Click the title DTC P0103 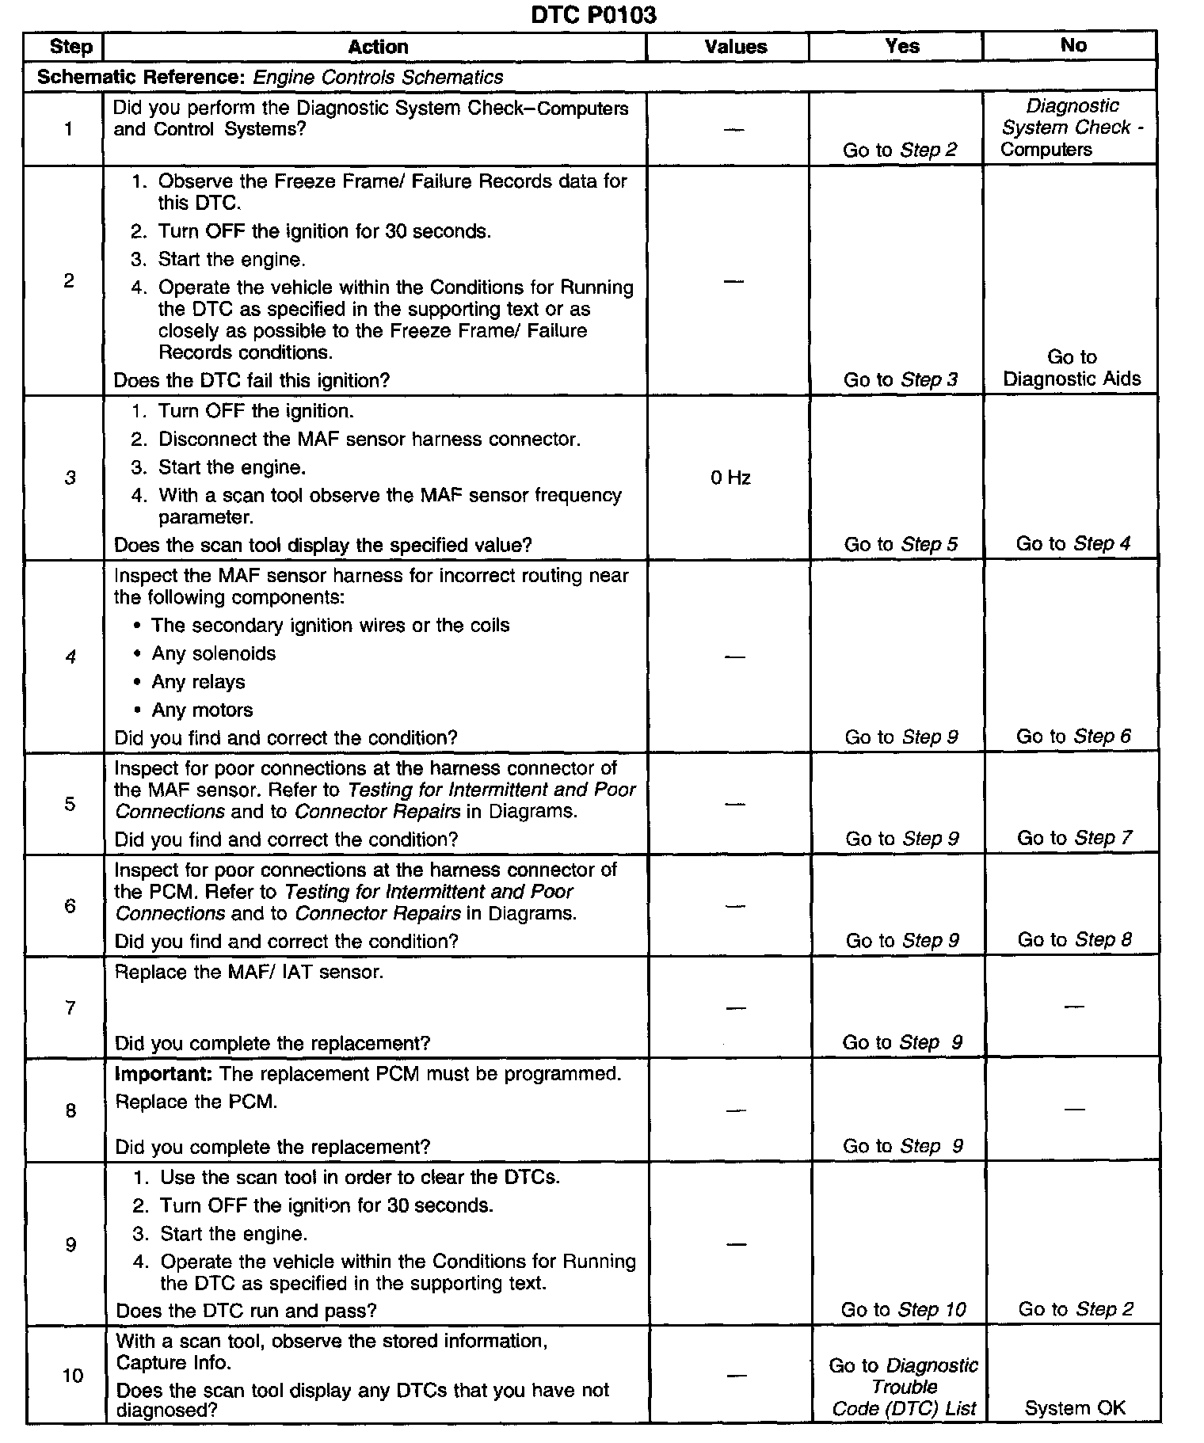[x=592, y=15]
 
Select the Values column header [x=735, y=47]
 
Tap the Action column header [x=378, y=47]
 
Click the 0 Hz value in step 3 [x=730, y=478]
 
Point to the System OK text [x=1074, y=1407]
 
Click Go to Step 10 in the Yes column [x=903, y=1309]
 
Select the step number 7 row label [x=70, y=1007]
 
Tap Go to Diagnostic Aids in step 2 [x=1072, y=367]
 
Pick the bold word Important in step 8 [x=163, y=1074]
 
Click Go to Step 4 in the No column [x=1073, y=543]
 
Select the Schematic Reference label [x=142, y=77]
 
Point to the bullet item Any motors [x=203, y=710]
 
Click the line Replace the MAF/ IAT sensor [x=249, y=972]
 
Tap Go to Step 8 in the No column [x=1074, y=939]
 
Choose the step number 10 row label [x=72, y=1375]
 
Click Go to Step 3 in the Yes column [x=900, y=379]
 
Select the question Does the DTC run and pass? [x=246, y=1310]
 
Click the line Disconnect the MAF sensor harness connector [x=369, y=439]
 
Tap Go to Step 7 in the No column [x=1074, y=838]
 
